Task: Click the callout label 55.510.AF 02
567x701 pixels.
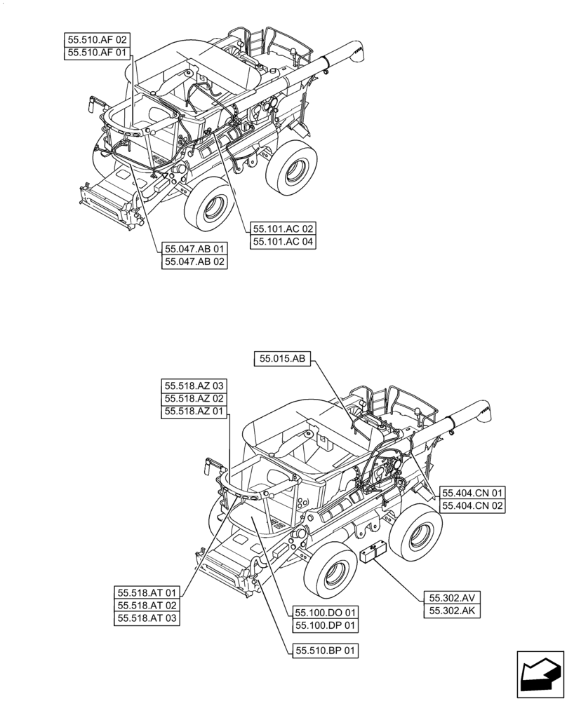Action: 97,40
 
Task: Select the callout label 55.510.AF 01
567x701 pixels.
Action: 97,53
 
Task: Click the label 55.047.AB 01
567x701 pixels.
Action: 195,249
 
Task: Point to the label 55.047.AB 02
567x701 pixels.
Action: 195,262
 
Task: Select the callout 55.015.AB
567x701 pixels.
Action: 282,359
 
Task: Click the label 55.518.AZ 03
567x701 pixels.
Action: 194,386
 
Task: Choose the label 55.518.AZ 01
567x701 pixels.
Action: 194,412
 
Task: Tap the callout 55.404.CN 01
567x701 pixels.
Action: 472,493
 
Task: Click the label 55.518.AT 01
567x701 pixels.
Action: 147,592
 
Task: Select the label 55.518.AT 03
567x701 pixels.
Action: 147,618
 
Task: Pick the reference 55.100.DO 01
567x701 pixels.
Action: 326,612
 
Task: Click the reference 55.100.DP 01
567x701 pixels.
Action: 326,625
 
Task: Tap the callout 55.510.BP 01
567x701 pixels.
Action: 326,651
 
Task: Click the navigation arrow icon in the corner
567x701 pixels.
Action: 540,674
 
